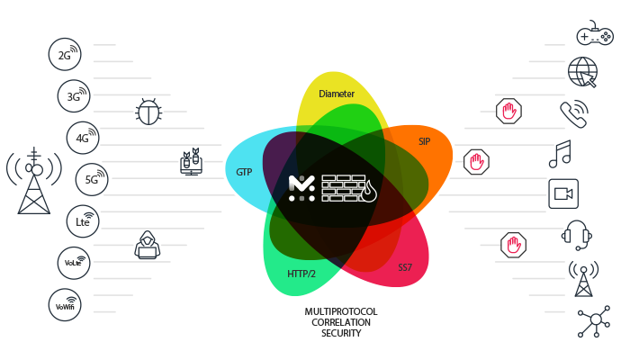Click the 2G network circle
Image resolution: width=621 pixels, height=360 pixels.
pos(65,54)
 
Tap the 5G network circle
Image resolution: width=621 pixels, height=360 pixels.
pos(92,179)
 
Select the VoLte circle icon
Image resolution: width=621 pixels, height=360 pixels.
pos(74,263)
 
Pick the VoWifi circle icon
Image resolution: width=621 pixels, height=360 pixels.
pos(65,305)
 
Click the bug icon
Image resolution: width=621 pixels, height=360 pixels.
pos(148,112)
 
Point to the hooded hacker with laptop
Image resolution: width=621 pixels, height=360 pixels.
pos(148,245)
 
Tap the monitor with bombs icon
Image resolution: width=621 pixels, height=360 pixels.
pos(192,162)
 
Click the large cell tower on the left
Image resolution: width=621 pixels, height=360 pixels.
pos(34,181)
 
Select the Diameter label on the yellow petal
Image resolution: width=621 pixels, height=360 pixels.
pos(337,94)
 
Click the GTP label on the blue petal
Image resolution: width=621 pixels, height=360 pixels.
pos(244,172)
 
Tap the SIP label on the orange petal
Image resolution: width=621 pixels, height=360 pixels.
pos(425,141)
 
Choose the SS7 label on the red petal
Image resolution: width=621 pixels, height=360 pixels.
pos(405,267)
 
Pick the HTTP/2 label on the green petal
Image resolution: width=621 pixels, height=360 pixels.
pos(301,274)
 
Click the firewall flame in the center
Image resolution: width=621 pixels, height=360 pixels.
pos(369,191)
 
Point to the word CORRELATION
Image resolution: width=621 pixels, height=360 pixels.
pos(341,322)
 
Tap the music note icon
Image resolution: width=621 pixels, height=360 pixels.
pos(560,154)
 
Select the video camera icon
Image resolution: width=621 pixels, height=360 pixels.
pos(563,193)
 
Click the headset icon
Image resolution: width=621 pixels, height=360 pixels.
pos(577,235)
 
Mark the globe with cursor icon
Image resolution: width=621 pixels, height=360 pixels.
pos(582,72)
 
